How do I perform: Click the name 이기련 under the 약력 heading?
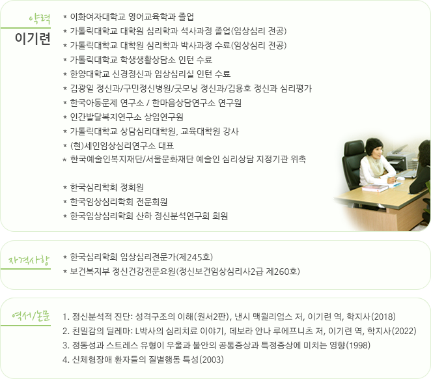33,38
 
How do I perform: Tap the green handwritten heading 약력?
40,19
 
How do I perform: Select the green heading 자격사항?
29,260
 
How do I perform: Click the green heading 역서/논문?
31,316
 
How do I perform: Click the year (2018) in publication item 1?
383,316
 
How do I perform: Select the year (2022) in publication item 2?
404,331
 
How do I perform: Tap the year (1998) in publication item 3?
358,345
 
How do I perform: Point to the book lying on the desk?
375,188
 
